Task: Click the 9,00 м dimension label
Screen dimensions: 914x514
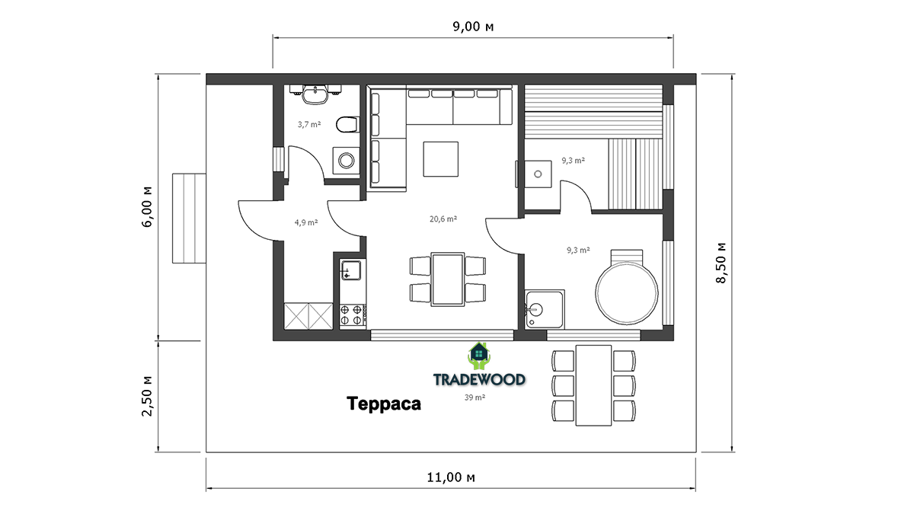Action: tap(473, 27)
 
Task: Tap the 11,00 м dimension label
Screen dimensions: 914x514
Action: tap(451, 477)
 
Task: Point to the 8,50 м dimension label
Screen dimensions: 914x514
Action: tap(721, 263)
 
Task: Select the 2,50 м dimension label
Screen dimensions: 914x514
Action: tap(147, 396)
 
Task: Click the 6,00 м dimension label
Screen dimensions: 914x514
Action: tap(147, 207)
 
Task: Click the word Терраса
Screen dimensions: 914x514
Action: tap(384, 404)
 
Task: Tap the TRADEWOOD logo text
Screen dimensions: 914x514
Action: tap(479, 379)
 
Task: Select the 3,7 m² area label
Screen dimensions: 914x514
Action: tap(309, 124)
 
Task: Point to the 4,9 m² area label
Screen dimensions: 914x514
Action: tap(306, 222)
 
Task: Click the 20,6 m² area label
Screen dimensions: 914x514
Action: tap(443, 219)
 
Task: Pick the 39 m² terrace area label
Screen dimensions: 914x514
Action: tap(475, 397)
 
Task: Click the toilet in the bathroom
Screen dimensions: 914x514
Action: tap(347, 124)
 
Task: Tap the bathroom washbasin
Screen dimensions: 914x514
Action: tap(315, 94)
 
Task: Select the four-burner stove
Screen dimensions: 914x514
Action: tap(353, 315)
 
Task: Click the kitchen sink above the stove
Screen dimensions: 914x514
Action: tap(351, 270)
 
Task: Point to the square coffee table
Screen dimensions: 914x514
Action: tap(441, 159)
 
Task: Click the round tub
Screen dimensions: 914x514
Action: tap(627, 293)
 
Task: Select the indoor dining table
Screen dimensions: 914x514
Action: tap(448, 279)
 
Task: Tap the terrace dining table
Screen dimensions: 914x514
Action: tap(593, 385)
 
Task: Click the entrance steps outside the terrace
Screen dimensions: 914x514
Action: tap(189, 219)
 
